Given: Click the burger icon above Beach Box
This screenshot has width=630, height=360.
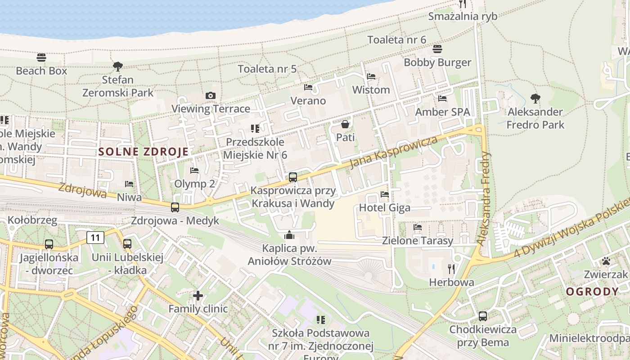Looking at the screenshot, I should pyautogui.click(x=41, y=58).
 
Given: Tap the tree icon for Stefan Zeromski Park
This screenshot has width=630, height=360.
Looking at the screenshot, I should pyautogui.click(x=118, y=67).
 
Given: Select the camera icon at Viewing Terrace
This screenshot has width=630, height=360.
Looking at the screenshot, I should pyautogui.click(x=210, y=95).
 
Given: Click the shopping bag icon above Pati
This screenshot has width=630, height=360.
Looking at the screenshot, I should pyautogui.click(x=345, y=124).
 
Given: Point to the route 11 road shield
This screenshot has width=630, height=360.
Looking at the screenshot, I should pyautogui.click(x=95, y=237).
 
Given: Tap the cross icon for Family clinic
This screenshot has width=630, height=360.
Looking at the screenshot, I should pyautogui.click(x=198, y=296).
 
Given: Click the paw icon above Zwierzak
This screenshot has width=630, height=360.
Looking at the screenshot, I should pyautogui.click(x=606, y=261).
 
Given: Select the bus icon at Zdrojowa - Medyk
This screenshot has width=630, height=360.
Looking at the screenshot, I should pyautogui.click(x=175, y=207).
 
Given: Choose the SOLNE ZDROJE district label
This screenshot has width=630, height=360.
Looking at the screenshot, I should pyautogui.click(x=143, y=152).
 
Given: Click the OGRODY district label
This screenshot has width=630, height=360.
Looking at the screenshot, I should pyautogui.click(x=592, y=292).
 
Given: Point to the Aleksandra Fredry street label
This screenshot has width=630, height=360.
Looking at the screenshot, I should pyautogui.click(x=484, y=198).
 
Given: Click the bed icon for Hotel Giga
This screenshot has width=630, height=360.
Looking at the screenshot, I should pyautogui.click(x=385, y=194).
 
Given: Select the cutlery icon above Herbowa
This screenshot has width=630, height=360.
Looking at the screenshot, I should pyautogui.click(x=451, y=269).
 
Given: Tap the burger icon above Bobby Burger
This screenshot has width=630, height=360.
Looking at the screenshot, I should pyautogui.click(x=437, y=49).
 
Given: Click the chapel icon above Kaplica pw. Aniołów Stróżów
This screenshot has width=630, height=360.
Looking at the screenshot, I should pyautogui.click(x=289, y=235).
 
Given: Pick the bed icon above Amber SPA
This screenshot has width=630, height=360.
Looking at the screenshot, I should pyautogui.click(x=442, y=98).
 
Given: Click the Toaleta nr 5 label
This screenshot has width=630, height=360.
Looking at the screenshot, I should pyautogui.click(x=267, y=69).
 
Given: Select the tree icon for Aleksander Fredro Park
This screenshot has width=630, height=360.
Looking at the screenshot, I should pyautogui.click(x=535, y=98).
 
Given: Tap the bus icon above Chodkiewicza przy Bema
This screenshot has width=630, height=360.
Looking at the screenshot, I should pyautogui.click(x=483, y=316).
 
